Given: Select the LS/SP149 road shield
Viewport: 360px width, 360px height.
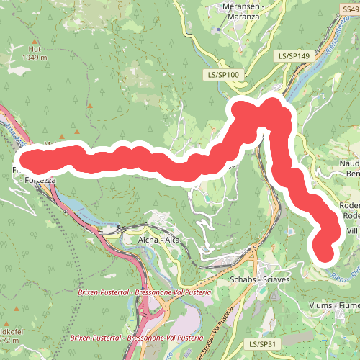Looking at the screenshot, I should (x=293, y=55).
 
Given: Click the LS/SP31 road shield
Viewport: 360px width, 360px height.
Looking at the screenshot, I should (x=260, y=345).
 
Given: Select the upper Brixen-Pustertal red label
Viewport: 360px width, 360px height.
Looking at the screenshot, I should (x=144, y=294).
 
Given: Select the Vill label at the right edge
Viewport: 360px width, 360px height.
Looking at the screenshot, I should (x=352, y=230).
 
